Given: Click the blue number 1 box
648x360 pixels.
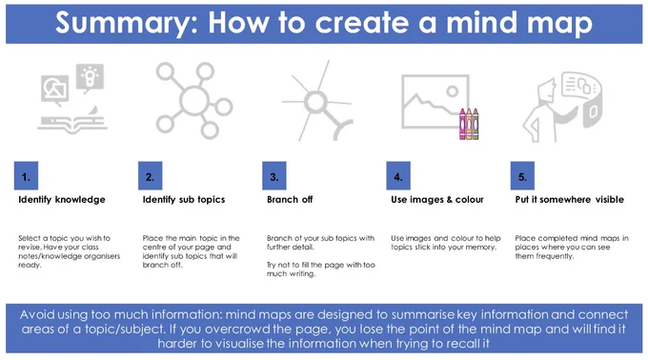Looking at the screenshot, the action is tap(26, 175).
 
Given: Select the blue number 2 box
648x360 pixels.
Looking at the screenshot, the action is tap(150, 175).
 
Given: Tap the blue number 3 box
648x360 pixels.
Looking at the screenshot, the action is tap(274, 175).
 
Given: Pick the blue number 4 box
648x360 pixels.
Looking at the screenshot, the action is tap(398, 175).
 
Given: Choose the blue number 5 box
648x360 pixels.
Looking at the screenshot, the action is tap(522, 175).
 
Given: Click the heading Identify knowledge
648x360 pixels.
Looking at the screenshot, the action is tap(62, 200).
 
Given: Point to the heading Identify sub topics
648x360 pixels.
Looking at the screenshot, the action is tap(184, 200).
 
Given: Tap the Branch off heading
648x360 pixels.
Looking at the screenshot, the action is tap(290, 200).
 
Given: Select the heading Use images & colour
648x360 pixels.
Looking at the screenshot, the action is tap(437, 200).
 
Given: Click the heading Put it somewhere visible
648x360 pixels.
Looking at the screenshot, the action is tap(570, 200).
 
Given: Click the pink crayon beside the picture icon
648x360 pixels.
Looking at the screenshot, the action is tap(462, 124).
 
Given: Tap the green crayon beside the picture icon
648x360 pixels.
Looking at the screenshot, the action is tap(476, 124).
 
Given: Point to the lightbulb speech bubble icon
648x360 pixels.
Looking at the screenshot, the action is tap(91, 77).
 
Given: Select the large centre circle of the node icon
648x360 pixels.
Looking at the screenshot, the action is tap(194, 101).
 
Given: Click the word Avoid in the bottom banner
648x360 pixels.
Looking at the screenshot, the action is tap(37, 314).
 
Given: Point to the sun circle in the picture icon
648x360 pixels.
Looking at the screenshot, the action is tap(452, 91).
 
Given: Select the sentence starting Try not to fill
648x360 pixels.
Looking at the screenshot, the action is tap(321, 270).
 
